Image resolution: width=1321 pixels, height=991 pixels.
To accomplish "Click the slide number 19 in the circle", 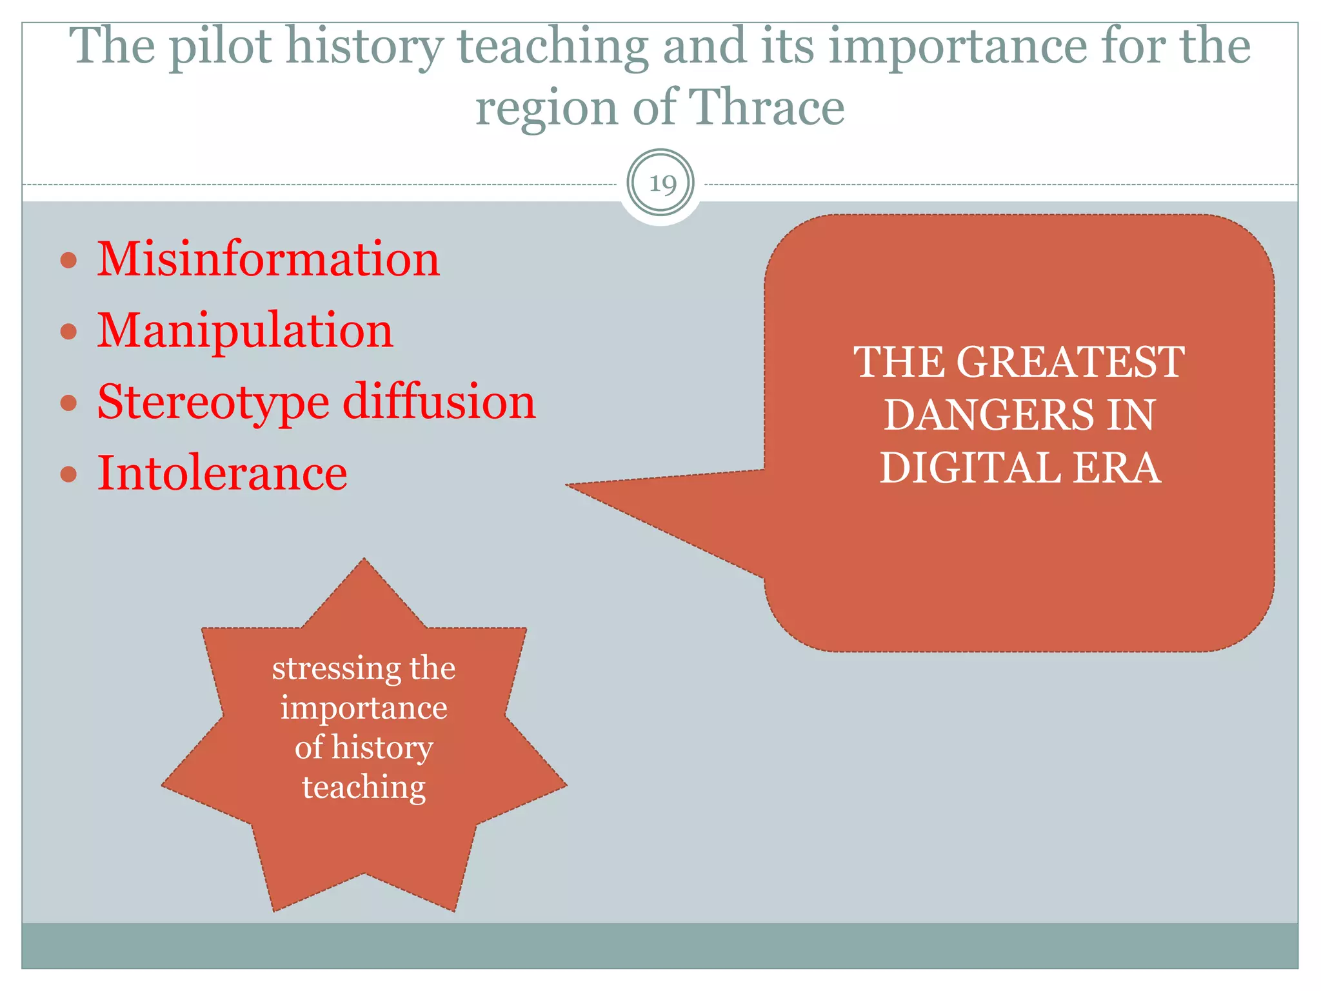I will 662,184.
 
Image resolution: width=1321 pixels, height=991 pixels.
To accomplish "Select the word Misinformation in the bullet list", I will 268,259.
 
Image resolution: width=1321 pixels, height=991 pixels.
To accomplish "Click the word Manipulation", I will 245,330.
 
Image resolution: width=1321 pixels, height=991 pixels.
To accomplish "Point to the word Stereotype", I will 213,403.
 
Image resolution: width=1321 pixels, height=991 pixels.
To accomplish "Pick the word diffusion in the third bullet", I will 439,401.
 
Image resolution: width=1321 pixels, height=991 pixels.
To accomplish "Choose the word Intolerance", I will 222,473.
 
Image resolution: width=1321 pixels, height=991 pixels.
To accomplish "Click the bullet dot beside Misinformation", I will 68,261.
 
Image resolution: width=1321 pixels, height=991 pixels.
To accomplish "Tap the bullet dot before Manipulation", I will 68,332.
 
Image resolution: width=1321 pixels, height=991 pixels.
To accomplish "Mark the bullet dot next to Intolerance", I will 68,475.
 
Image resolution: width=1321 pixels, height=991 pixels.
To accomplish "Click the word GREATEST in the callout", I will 1071,362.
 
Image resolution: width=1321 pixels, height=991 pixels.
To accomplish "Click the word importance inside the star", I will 364,708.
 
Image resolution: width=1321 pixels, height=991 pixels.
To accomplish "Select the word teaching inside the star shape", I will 364,788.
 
